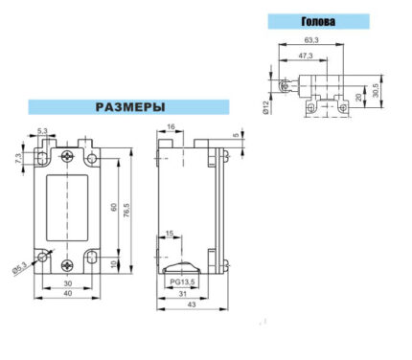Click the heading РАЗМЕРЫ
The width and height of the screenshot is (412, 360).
tap(130, 107)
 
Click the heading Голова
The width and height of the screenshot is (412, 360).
tap(318, 21)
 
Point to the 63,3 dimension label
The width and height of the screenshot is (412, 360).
tap(311, 40)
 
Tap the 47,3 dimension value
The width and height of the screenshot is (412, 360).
tap(306, 56)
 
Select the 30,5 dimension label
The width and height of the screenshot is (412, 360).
tap(376, 90)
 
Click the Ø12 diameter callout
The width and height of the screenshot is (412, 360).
tap(265, 107)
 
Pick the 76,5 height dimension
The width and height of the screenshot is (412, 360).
tap(126, 211)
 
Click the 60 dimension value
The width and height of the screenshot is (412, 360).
tap(113, 207)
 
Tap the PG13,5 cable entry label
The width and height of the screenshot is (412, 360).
tap(182, 281)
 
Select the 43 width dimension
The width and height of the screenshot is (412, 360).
tap(192, 304)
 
